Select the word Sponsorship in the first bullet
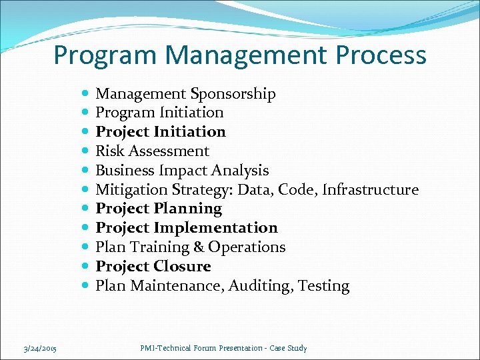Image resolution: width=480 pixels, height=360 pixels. (233, 94)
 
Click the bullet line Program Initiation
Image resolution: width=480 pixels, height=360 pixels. (159, 113)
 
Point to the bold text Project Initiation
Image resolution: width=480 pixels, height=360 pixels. (161, 132)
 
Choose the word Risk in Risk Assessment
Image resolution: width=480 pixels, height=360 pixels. (109, 151)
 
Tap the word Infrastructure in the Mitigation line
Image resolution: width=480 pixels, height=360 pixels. (370, 190)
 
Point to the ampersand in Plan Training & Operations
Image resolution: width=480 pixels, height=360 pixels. (199, 247)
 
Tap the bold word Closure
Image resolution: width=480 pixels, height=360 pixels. (182, 267)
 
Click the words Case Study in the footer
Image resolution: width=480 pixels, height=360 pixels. (289, 348)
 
